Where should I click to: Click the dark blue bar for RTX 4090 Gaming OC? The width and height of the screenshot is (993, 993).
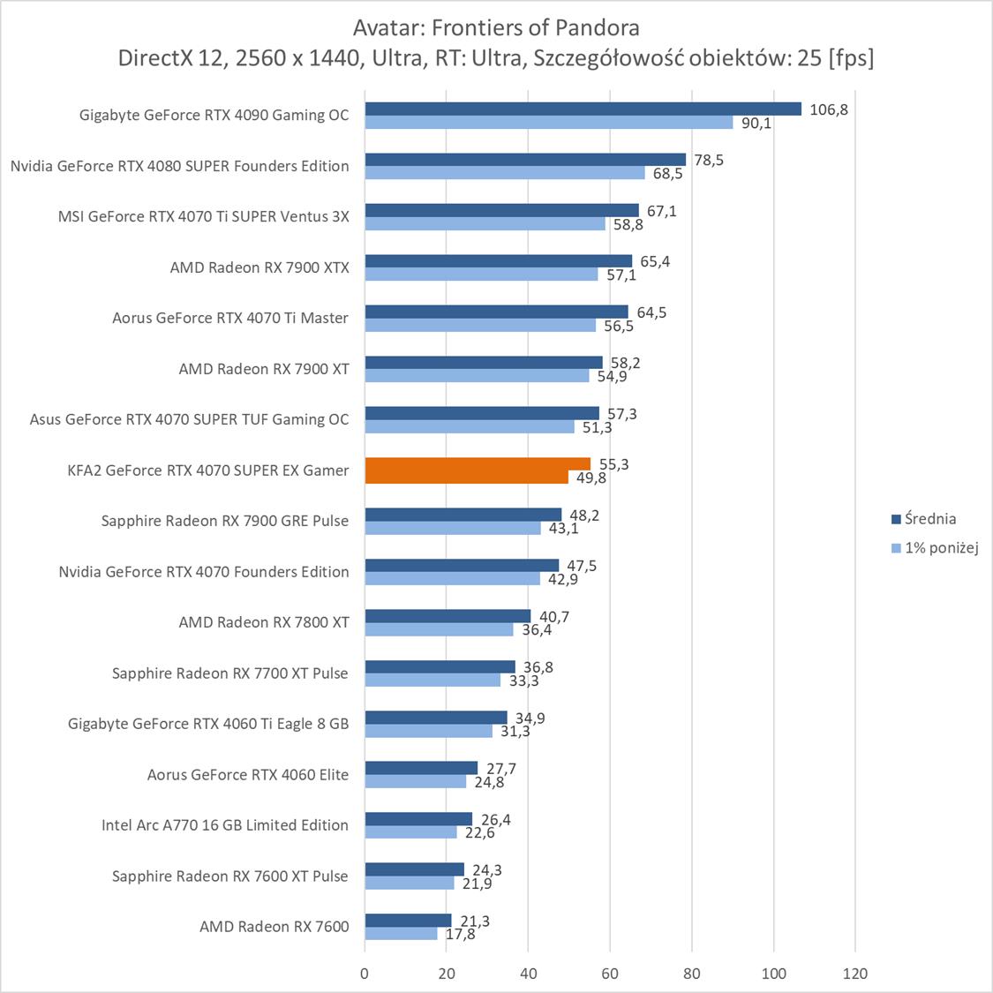pos(583,109)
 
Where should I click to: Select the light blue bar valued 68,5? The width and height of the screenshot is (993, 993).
pos(505,173)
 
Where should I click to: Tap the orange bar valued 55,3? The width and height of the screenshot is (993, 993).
pos(478,464)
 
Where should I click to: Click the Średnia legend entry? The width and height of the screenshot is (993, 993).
pos(929,519)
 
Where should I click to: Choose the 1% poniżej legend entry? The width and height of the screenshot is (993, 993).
pos(941,547)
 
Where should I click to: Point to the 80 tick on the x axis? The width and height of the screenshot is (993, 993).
pos(692,974)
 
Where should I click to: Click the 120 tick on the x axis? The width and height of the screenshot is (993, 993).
pos(855,974)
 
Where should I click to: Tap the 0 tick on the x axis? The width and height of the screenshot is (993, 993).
pos(365,974)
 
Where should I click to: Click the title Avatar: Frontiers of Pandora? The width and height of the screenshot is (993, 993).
pos(495,27)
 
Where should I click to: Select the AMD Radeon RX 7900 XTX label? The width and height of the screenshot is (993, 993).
pos(260,267)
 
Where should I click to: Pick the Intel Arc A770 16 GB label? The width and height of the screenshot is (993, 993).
pos(225,825)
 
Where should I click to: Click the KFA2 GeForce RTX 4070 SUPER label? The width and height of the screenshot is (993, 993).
pos(208,470)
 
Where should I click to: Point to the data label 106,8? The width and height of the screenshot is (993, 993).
pos(829,110)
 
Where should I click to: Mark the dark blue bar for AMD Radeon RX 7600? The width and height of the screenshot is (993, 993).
pos(408,921)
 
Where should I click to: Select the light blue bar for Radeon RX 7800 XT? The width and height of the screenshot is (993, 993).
pos(439,629)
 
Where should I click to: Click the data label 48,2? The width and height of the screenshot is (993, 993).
pos(583,515)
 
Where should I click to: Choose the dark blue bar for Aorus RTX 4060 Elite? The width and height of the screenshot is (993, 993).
pos(421,768)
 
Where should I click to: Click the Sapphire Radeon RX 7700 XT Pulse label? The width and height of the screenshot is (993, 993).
pos(230,673)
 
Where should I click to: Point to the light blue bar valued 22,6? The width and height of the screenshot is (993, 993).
pos(410,832)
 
